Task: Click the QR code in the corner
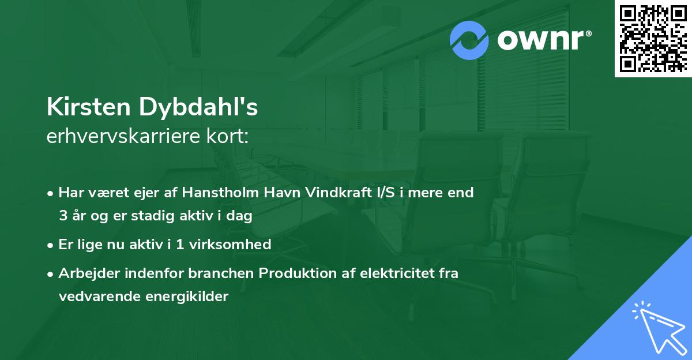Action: click(x=653, y=39)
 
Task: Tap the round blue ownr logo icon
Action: click(x=469, y=40)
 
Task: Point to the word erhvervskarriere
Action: click(x=114, y=136)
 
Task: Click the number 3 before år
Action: click(x=62, y=216)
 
